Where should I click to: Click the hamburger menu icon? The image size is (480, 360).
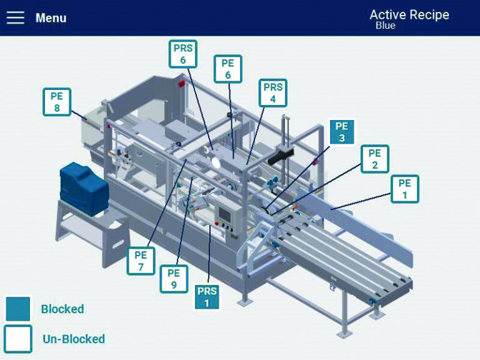[16, 17]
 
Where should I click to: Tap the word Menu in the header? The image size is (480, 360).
[51, 18]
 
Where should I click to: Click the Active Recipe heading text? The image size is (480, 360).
[409, 14]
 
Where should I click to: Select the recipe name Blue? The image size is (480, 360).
[385, 26]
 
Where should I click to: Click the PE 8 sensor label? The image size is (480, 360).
[57, 102]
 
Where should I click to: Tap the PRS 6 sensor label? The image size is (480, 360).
[183, 54]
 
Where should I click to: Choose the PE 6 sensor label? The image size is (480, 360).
[227, 69]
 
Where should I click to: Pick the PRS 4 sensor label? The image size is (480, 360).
[273, 92]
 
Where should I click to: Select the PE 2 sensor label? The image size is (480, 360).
[374, 159]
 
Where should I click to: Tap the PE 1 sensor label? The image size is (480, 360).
[404, 189]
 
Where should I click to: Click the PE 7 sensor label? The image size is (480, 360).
[141, 261]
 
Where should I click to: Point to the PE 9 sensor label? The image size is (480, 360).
[174, 279]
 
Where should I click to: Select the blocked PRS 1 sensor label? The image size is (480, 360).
[207, 296]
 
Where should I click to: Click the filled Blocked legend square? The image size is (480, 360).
[17, 309]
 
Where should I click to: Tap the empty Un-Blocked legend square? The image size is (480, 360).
[17, 339]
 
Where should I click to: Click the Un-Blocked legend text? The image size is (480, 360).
[74, 339]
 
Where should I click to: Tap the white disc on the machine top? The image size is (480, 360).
[217, 162]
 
